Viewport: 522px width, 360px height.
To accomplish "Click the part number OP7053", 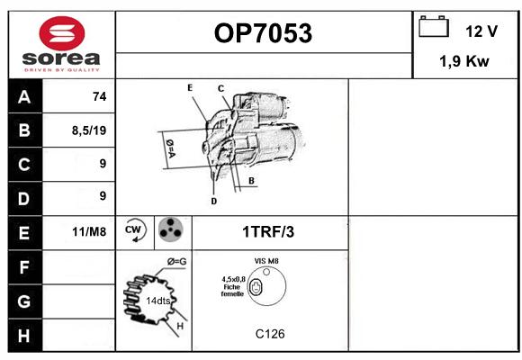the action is tap(263, 33).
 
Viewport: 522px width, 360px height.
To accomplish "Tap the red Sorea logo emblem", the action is tap(62, 33).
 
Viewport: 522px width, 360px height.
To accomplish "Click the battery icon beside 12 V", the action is tap(434, 27).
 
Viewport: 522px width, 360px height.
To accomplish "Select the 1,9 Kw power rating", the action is tap(464, 61).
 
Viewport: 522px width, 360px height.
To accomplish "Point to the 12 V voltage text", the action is tap(481, 31).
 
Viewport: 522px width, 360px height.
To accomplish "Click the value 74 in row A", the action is tap(100, 96).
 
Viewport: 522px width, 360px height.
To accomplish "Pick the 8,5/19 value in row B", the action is tap(89, 130).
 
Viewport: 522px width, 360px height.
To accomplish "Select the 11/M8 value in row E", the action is tap(89, 231).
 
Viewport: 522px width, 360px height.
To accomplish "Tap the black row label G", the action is tap(24, 301).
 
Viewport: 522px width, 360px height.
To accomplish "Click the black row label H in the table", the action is tap(24, 336).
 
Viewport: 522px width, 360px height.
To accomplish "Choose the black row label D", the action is tap(24, 199).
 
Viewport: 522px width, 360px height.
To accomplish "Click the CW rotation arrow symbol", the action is tap(135, 229).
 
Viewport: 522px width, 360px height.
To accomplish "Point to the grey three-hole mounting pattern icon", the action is tap(170, 229).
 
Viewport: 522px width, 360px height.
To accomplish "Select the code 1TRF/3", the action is tap(268, 232).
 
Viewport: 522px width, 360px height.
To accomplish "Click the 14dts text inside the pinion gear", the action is tap(158, 301).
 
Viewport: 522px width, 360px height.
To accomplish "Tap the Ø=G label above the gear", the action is tap(176, 262).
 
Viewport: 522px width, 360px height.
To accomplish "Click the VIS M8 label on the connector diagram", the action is tap(266, 261).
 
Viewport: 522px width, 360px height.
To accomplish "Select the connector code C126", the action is tap(270, 334).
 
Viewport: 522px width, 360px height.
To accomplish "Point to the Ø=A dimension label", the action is tap(170, 148).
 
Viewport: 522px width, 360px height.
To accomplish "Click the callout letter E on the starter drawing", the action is tap(190, 88).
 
